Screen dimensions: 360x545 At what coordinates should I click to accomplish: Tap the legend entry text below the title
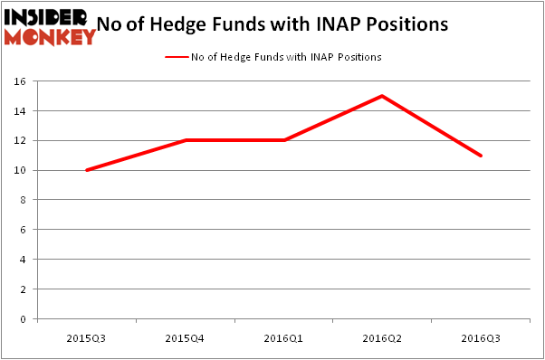click(x=285, y=57)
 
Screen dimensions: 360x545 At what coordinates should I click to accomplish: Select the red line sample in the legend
click(x=176, y=57)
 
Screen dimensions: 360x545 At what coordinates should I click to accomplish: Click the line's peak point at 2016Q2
click(x=382, y=96)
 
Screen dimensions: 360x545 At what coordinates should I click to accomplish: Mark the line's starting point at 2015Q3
click(x=86, y=170)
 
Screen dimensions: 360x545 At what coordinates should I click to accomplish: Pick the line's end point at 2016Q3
click(x=481, y=156)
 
